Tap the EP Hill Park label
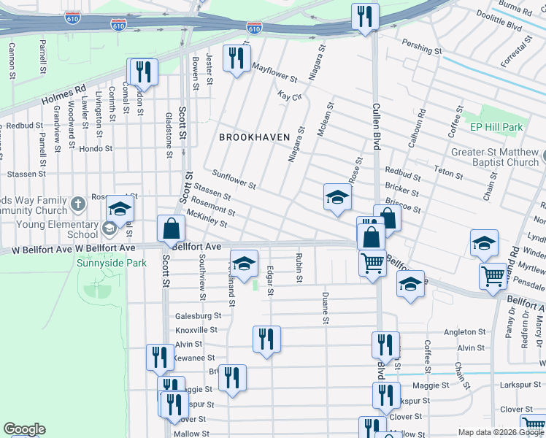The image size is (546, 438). (496, 127)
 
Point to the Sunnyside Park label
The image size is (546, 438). (112, 263)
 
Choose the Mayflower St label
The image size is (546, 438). (274, 72)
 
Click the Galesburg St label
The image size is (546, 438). (198, 315)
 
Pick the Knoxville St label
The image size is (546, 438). (198, 331)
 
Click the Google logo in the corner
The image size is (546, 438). (24, 429)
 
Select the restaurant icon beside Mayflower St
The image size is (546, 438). (236, 58)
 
